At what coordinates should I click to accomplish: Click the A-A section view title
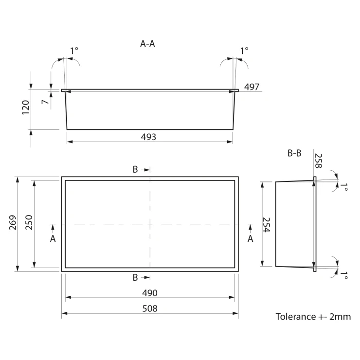coord(147,44)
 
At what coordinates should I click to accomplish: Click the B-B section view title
coord(294,153)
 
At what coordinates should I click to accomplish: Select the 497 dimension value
coord(252,87)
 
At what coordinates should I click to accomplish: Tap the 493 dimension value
coord(148,137)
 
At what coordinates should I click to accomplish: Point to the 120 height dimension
coord(25,108)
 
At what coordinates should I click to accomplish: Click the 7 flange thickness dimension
coord(45,102)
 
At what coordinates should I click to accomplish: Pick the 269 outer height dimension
coord(13,222)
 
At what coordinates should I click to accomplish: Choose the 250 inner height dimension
coord(29,222)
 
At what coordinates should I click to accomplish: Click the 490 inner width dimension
coord(150,293)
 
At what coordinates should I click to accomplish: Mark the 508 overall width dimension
coord(150,308)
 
